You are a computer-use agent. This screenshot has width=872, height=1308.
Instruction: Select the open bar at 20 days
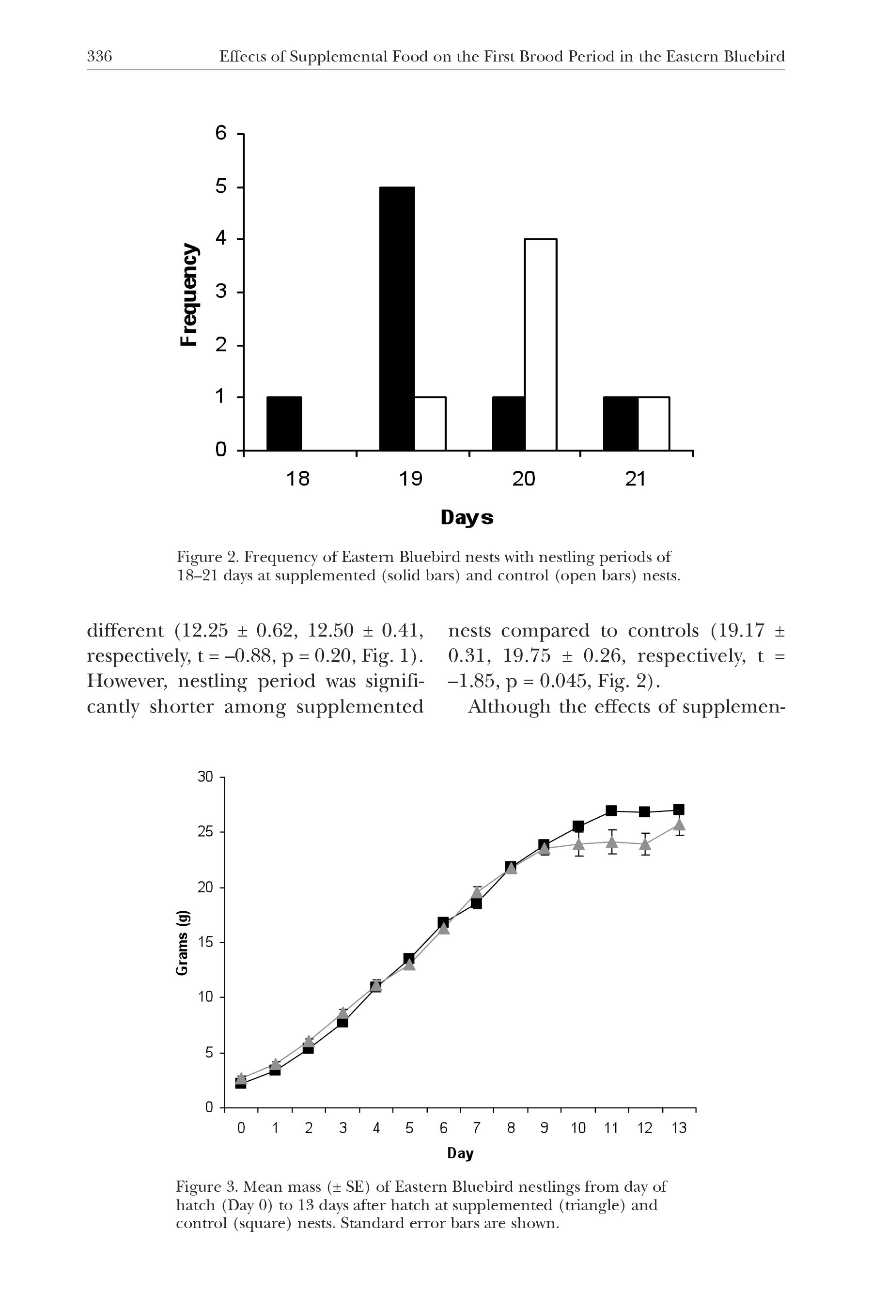coord(541,344)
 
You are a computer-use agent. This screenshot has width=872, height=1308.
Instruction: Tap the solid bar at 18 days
coord(284,423)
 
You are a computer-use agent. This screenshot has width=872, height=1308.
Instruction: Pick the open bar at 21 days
coord(654,423)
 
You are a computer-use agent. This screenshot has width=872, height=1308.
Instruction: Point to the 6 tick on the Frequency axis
coord(221,134)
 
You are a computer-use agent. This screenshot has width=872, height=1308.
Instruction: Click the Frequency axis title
coord(189,294)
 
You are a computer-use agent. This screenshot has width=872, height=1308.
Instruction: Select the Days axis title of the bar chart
coord(467,517)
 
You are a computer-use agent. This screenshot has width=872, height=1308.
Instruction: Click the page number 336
coord(99,57)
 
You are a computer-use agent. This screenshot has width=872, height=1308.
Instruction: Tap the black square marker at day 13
coord(679,809)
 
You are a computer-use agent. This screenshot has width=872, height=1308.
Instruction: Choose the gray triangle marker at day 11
coord(612,841)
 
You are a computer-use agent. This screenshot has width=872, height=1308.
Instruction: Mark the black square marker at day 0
coord(241,1083)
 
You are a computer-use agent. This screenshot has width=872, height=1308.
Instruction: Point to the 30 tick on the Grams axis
coord(205,777)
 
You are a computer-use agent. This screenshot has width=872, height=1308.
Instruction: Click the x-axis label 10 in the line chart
coord(578,1128)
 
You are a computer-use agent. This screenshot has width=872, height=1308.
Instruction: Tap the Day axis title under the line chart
coord(460,1153)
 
